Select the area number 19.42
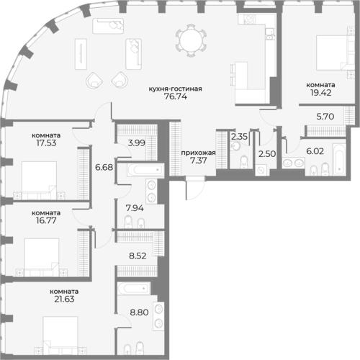pos(318,93)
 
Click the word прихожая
pos(196,153)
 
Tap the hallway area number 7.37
pos(196,163)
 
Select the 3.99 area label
pos(135,143)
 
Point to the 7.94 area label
pos(135,210)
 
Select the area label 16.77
pos(45,222)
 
